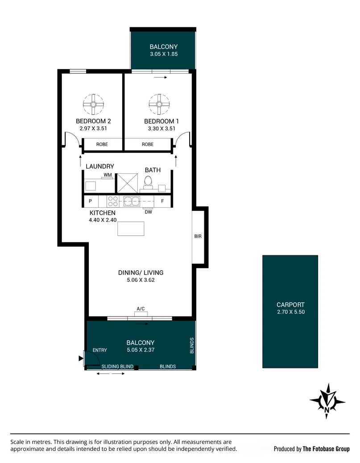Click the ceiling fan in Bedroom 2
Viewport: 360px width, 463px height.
coord(93,104)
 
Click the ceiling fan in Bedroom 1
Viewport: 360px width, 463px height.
coord(159,104)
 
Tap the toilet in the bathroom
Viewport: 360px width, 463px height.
coord(148,182)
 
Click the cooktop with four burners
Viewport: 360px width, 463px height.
coord(113,201)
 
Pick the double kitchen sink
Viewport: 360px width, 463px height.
coord(132,201)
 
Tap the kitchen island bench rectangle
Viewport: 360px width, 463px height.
coord(131,229)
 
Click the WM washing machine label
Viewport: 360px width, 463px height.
coord(108,175)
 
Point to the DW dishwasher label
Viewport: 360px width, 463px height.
coord(149,212)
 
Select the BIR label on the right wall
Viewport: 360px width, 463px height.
coord(198,236)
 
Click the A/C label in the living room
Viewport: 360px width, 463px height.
coord(141,309)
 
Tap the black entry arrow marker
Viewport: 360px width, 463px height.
coord(81,359)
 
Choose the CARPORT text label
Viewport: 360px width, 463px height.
coord(291,305)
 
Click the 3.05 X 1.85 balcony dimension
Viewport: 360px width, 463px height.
coord(164,54)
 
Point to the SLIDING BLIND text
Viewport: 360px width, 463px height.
coord(117,367)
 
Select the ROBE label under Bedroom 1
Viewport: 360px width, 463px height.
coord(148,144)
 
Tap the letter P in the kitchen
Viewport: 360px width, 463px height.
coord(90,201)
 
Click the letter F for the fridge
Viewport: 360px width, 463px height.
coord(162,201)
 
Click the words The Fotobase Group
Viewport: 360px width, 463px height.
coord(326,449)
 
